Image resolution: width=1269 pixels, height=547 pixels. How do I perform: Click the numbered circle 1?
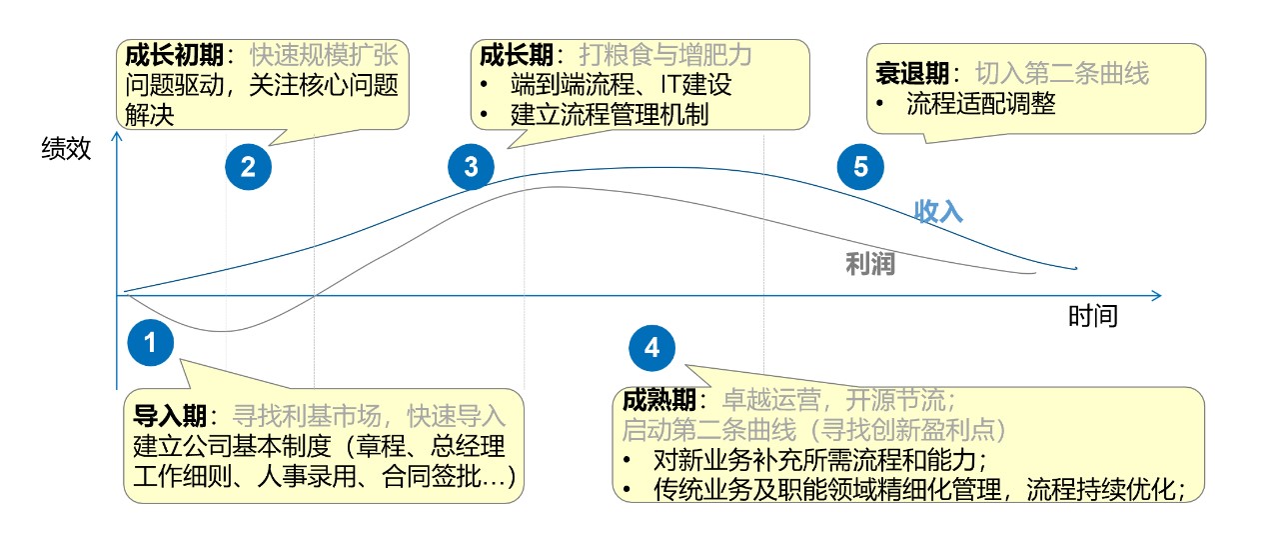pos(151,343)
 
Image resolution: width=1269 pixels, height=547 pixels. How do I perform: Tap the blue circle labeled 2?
pos(249,167)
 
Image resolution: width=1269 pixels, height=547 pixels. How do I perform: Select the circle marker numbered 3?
pos(471,167)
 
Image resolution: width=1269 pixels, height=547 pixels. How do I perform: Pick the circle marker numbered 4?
pos(652,347)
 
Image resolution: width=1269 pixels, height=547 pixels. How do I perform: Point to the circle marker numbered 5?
pos(861,167)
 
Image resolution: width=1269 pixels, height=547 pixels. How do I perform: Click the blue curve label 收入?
pos(938,211)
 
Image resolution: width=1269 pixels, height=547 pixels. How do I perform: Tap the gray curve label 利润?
pos(869,264)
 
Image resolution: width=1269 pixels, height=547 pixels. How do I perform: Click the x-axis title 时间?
pos(1093,317)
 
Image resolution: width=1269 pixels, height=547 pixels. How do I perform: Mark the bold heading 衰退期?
pos(912,72)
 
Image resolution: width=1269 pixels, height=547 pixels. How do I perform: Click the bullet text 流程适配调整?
pos(981,103)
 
